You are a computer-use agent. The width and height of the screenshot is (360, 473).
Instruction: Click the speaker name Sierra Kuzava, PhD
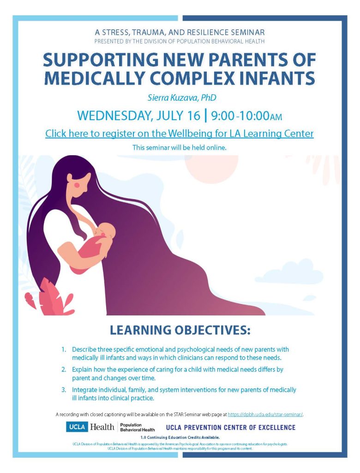182,98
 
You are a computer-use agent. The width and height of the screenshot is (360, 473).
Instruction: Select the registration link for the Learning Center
180,133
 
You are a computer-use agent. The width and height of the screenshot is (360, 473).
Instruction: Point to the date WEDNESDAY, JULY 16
139,116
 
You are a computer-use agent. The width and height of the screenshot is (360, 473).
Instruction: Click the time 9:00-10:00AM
246,116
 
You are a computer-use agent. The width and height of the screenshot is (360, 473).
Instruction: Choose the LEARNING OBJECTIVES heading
180,330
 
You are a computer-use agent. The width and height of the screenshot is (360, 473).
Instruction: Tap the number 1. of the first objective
64,350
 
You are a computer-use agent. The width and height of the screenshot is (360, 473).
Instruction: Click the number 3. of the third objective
64,390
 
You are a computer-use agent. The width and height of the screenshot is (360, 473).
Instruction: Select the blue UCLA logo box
77,427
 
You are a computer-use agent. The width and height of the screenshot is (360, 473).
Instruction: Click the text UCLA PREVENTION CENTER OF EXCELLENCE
231,427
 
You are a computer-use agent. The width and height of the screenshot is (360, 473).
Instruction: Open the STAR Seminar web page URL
265,414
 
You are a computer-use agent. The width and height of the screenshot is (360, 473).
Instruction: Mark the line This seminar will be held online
180,148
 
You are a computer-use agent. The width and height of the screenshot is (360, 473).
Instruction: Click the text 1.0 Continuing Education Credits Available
180,437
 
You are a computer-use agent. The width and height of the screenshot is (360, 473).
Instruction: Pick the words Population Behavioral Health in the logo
138,427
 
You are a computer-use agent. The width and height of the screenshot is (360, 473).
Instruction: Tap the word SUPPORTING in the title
101,60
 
